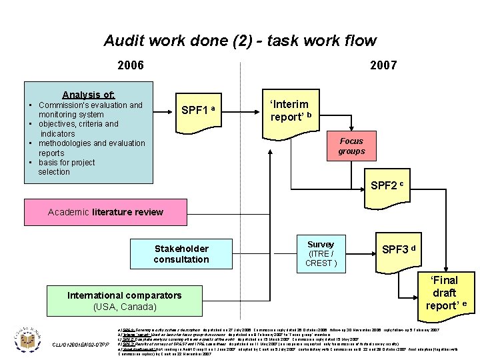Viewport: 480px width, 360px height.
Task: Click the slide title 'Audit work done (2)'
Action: coord(240,41)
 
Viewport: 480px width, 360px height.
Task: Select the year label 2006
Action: coord(130,65)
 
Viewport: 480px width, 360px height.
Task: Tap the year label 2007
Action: coord(383,65)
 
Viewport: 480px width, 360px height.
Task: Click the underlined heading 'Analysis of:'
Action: coord(89,95)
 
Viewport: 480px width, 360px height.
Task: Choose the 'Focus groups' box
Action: coord(351,146)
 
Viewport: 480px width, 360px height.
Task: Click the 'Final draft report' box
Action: coord(443,293)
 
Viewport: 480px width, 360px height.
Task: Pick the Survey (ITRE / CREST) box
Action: coord(321,253)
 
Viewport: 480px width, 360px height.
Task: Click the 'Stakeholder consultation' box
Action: coord(181,254)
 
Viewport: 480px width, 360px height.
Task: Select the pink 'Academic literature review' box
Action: coord(105,212)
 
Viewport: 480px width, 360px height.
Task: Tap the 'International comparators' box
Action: coord(124,295)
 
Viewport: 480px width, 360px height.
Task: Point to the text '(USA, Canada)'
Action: coord(125,307)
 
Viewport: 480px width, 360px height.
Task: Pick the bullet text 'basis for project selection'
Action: coord(66,167)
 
